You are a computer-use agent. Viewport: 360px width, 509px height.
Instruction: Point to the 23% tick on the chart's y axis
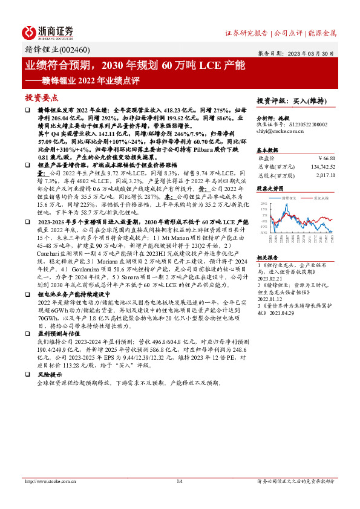coord(264,204)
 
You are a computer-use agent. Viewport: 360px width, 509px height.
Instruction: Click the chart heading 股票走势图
coord(269,189)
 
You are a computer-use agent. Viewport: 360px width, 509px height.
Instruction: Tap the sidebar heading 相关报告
coord(266,257)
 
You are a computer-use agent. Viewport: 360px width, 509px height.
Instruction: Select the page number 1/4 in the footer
coord(179,481)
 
